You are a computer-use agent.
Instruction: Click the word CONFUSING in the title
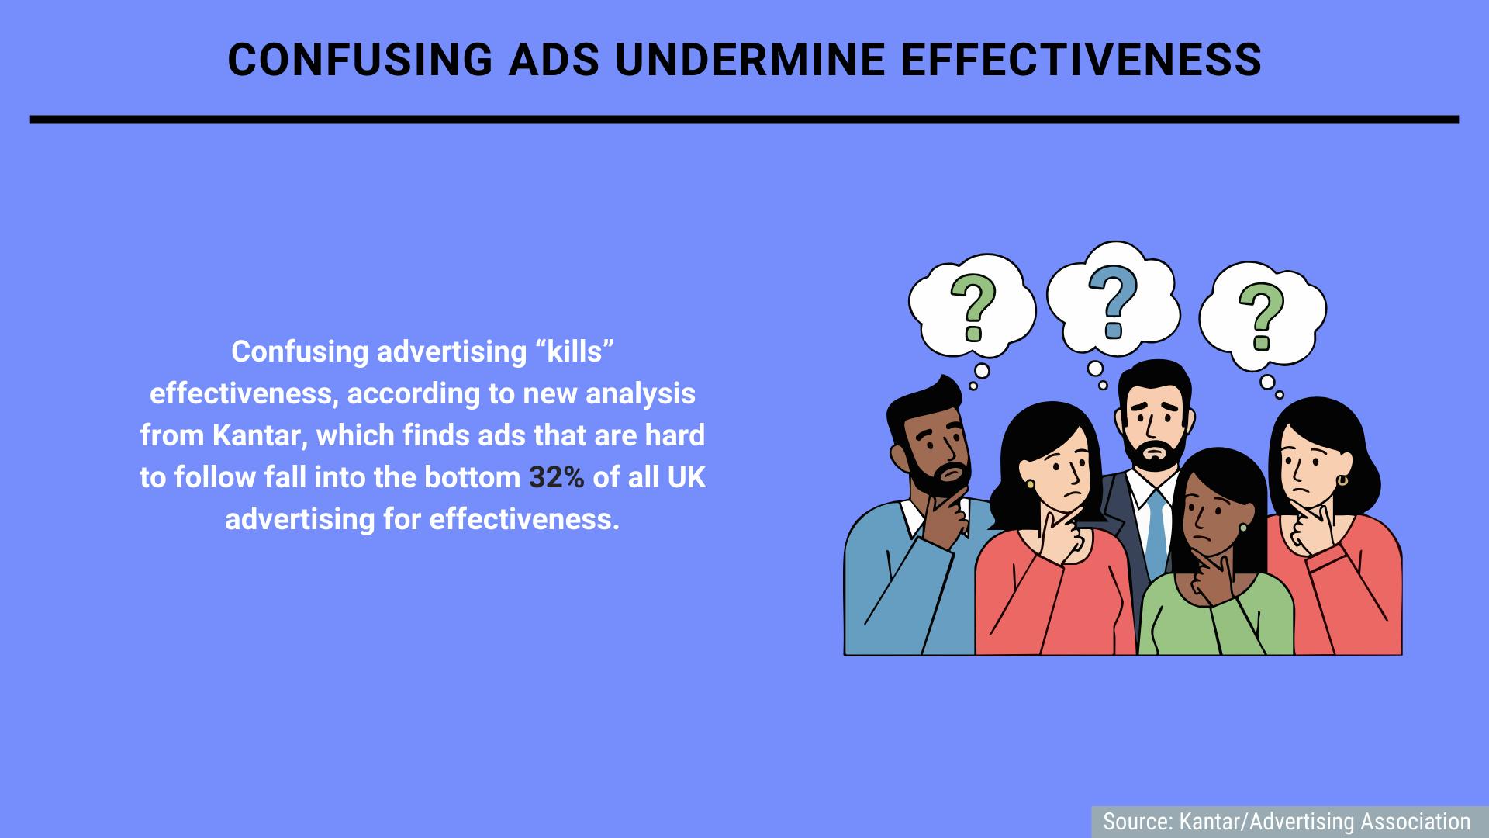(361, 59)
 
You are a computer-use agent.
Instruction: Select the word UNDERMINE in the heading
(750, 59)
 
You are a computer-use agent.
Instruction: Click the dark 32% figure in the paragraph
(557, 477)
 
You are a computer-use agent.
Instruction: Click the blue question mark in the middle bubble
(1114, 302)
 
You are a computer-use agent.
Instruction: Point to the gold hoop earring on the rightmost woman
(1342, 481)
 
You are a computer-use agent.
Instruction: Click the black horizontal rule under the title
(744, 119)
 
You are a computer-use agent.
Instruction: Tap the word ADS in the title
(554, 59)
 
